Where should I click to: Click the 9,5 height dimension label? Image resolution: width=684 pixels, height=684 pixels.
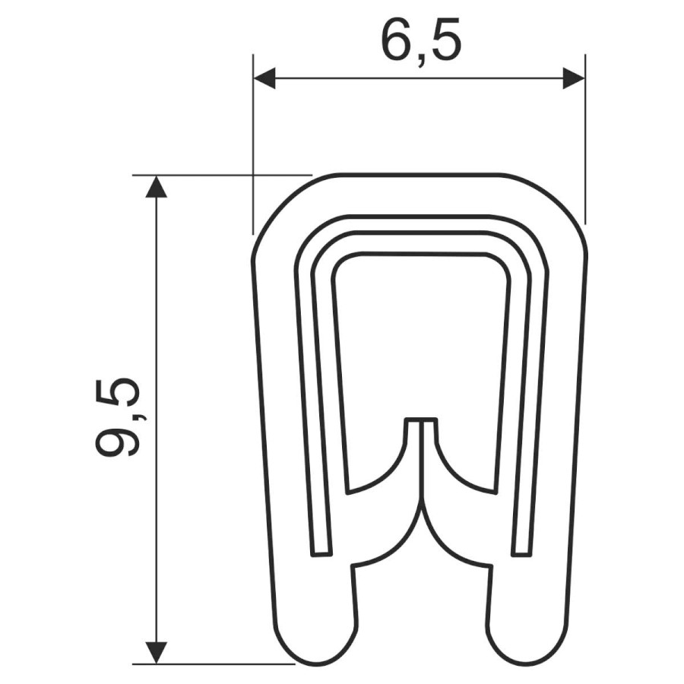[x=119, y=417]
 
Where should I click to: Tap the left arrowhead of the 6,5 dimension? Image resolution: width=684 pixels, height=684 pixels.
[x=264, y=78]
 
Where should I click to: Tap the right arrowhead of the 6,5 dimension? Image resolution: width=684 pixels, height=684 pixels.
[x=574, y=78]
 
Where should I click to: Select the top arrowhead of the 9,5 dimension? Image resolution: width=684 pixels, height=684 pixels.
[x=156, y=186]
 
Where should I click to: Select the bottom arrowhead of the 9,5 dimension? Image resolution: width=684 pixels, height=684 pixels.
[x=156, y=653]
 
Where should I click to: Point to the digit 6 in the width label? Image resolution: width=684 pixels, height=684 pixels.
[x=396, y=41]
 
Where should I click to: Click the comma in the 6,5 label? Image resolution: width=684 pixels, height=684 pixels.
[x=420, y=60]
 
